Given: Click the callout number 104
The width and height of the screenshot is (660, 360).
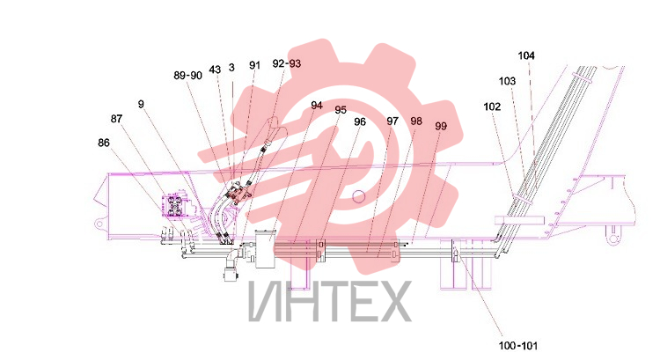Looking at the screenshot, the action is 526,55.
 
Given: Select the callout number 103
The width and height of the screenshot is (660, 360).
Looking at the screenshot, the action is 507,81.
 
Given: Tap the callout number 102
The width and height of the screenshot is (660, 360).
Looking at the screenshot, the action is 492,107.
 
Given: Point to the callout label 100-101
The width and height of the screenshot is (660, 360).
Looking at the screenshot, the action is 518,346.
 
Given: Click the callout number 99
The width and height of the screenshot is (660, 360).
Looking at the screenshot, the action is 441,126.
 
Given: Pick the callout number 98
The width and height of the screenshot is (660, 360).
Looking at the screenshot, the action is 416,121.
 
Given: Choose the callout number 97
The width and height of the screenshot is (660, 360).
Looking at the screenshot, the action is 392,121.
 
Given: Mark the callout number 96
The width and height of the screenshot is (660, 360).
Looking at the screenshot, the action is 360,121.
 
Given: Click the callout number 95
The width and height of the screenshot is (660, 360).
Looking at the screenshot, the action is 341,110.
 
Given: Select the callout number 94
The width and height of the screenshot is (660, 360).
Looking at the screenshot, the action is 317,106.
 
